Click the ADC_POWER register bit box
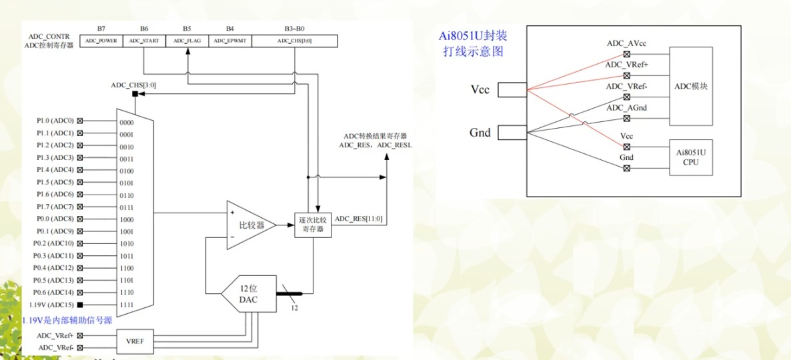point(101,41)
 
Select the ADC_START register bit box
point(144,41)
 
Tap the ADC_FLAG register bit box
point(187,41)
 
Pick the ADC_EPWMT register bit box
point(229,41)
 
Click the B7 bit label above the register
point(101,29)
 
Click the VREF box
point(139,341)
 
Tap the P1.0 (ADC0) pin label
point(55,121)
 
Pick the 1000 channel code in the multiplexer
point(127,219)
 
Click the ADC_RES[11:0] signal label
point(359,218)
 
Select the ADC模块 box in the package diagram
point(690,87)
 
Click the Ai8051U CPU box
point(690,157)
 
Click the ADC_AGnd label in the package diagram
point(626,108)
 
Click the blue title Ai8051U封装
point(472,37)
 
